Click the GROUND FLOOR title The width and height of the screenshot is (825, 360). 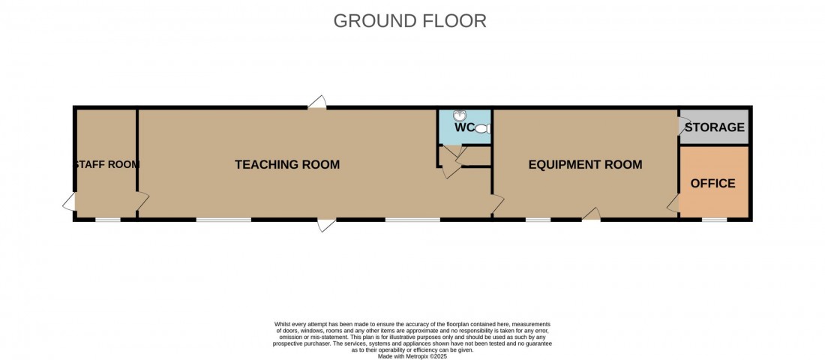pyautogui.click(x=409, y=20)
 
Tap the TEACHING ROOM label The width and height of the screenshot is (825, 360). pyautogui.click(x=287, y=164)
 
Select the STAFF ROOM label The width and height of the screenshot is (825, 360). pyautogui.click(x=106, y=164)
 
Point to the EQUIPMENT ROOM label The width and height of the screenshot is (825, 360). pyautogui.click(x=585, y=164)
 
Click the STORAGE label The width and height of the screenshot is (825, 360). pyautogui.click(x=715, y=127)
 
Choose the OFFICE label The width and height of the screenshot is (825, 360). pyautogui.click(x=712, y=183)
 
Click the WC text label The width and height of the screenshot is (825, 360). pyautogui.click(x=464, y=127)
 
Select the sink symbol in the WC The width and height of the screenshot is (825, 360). pyautogui.click(x=460, y=116)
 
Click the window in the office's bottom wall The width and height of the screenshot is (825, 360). pyautogui.click(x=714, y=220)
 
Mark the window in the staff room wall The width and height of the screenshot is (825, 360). pyautogui.click(x=108, y=220)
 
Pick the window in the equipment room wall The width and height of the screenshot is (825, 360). pyautogui.click(x=538, y=220)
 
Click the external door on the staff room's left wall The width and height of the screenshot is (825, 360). pyautogui.click(x=70, y=202)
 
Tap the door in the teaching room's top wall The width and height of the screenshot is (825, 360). pyautogui.click(x=317, y=103)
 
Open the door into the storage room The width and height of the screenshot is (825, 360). pyautogui.click(x=683, y=125)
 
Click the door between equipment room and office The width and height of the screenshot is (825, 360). pyautogui.click(x=674, y=202)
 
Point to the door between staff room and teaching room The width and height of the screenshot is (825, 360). pyautogui.click(x=142, y=201)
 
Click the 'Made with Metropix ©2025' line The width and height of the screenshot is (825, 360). pyautogui.click(x=412, y=356)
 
